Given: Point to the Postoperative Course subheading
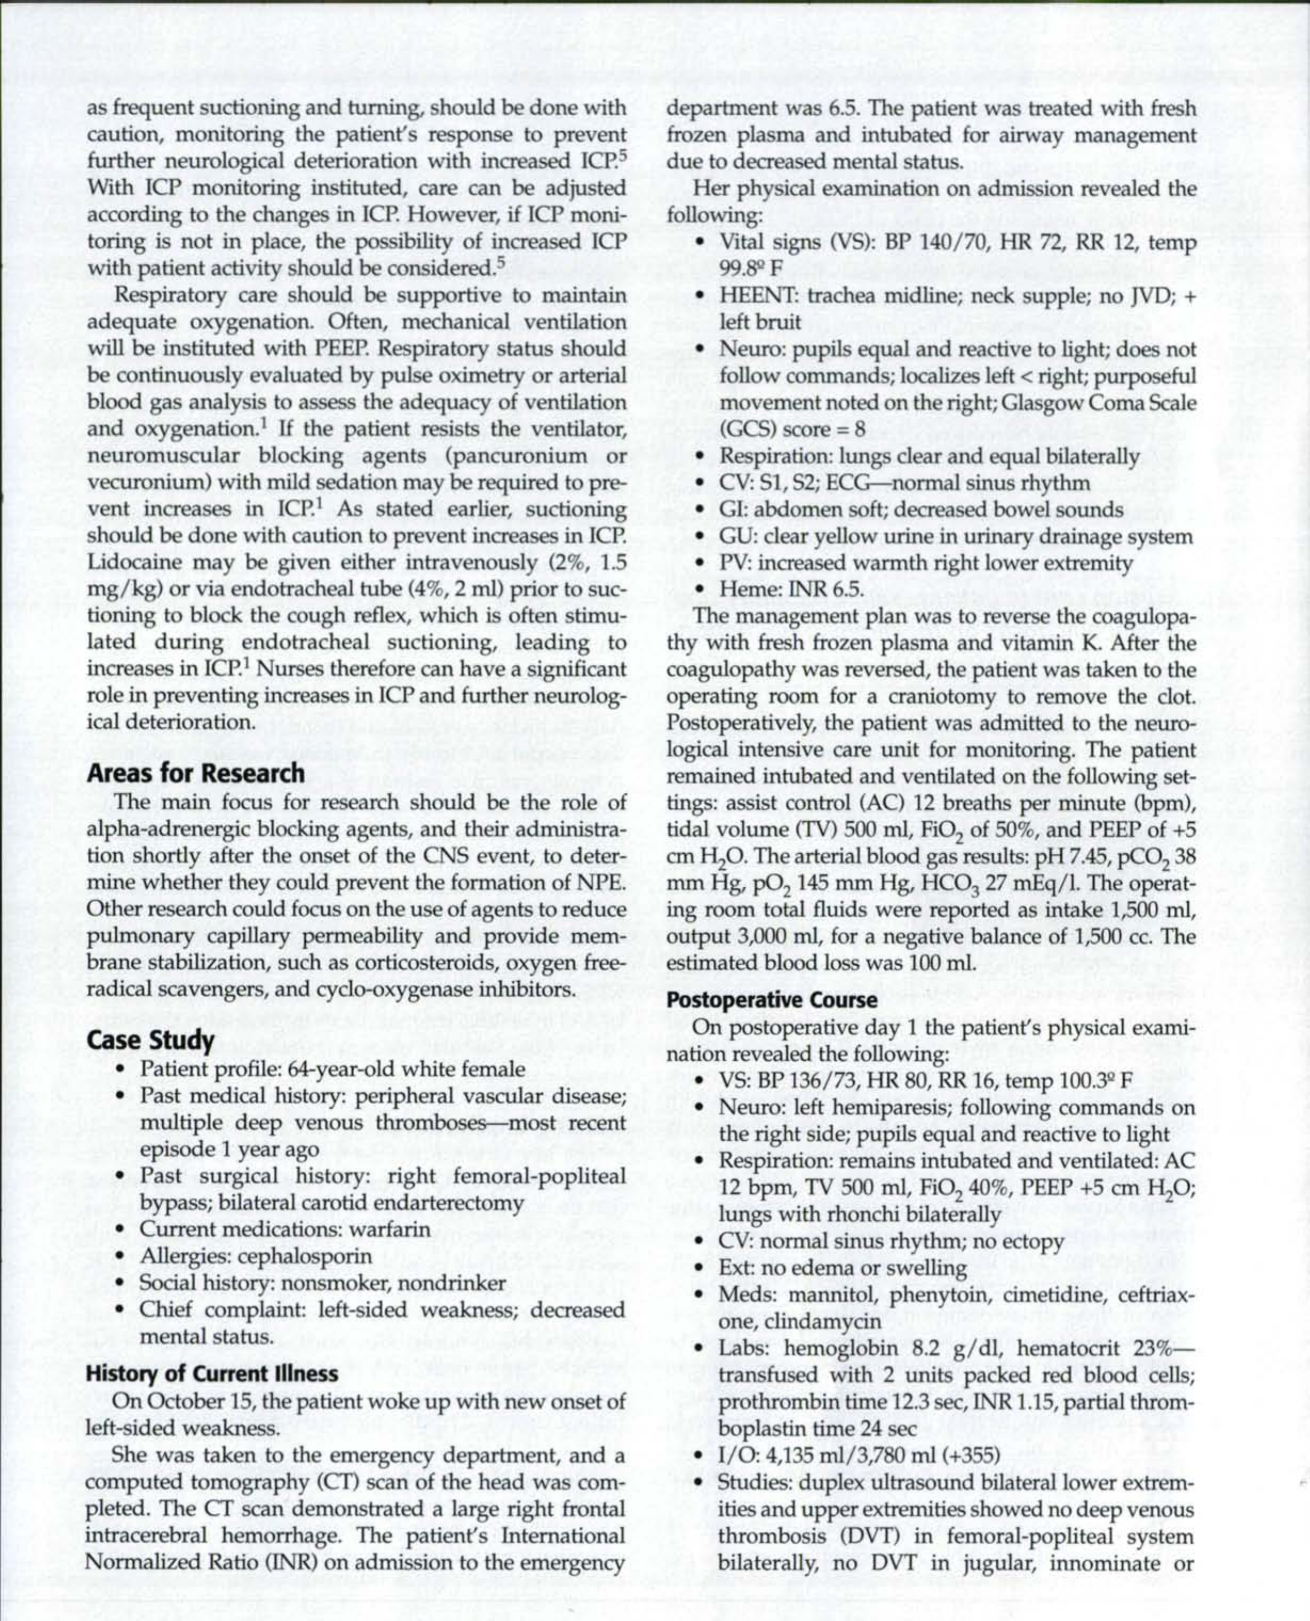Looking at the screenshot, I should (x=772, y=1000).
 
